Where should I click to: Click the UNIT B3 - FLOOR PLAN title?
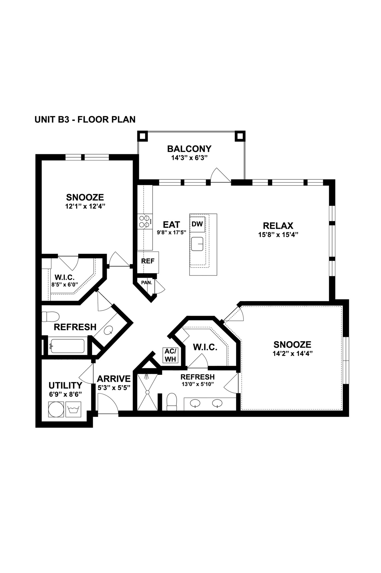(x=85, y=119)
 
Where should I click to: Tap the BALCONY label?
(x=189, y=149)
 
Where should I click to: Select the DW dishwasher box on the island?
(x=197, y=224)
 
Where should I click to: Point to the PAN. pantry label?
(x=146, y=283)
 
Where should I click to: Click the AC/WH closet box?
(x=171, y=355)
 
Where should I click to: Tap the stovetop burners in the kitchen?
(x=145, y=221)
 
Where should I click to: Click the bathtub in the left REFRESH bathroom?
(x=67, y=346)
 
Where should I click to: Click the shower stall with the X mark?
(x=147, y=392)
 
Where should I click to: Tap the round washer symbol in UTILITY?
(x=56, y=410)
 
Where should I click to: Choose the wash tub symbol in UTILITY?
(x=73, y=410)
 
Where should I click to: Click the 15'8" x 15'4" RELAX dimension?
(x=278, y=235)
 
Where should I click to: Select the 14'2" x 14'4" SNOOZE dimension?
(x=292, y=354)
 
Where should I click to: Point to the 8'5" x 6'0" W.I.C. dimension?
(x=65, y=285)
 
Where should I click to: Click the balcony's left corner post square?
(x=143, y=136)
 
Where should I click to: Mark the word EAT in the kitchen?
(x=171, y=225)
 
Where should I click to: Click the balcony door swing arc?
(x=219, y=175)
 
